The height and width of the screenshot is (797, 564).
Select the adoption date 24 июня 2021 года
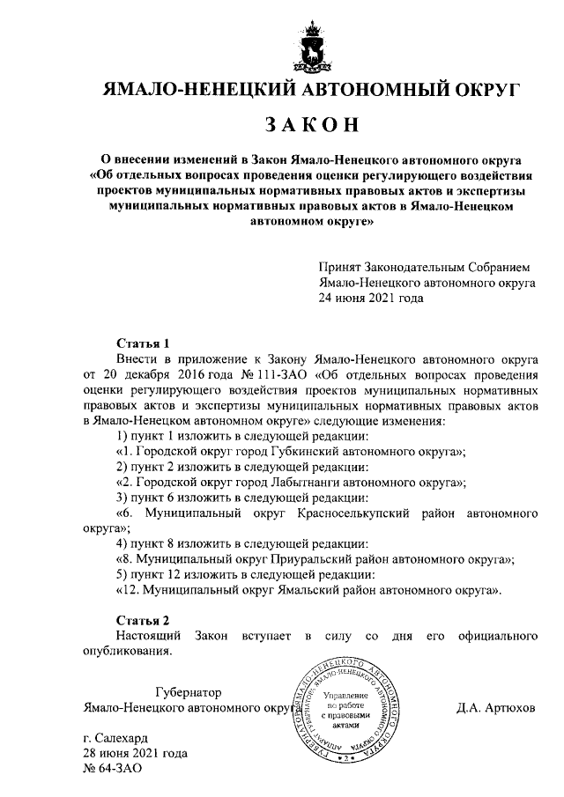coord(371,299)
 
